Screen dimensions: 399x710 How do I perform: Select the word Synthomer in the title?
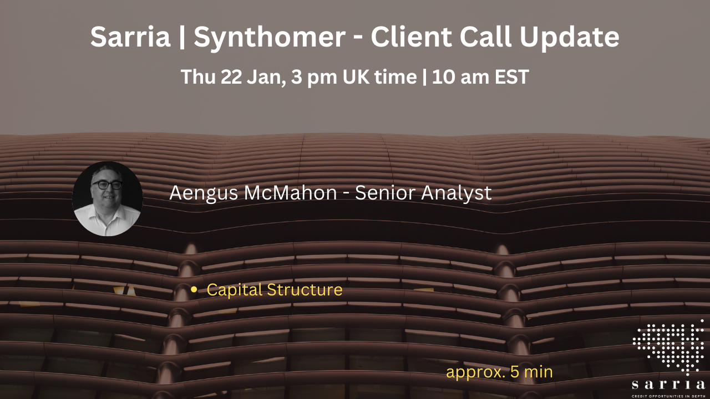(x=269, y=37)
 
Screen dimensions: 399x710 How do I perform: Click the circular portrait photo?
(x=108, y=198)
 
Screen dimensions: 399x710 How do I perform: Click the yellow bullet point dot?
(x=194, y=290)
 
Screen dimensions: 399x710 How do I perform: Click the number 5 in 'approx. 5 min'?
(x=514, y=372)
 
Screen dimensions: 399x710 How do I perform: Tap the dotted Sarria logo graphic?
(x=668, y=346)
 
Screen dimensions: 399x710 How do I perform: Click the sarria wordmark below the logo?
(x=668, y=385)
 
